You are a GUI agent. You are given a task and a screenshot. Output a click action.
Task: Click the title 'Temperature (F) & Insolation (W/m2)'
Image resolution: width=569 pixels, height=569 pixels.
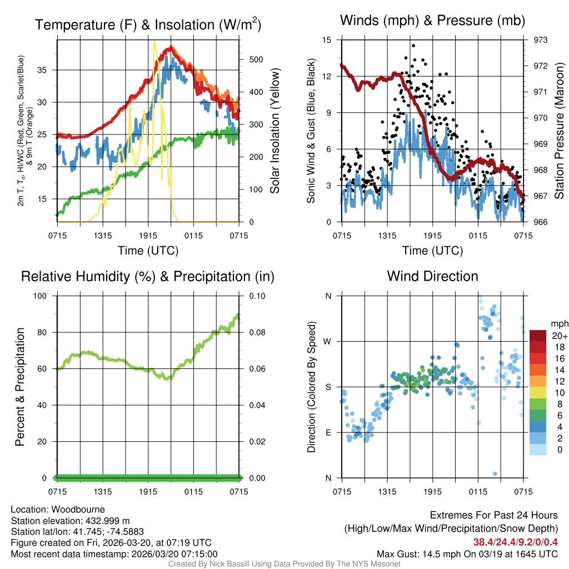pyautogui.click(x=148, y=24)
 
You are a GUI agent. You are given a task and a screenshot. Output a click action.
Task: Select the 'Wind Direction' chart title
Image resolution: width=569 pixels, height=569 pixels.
pyautogui.click(x=432, y=276)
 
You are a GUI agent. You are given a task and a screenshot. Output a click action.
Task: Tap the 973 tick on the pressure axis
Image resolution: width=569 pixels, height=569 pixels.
pyautogui.click(x=541, y=40)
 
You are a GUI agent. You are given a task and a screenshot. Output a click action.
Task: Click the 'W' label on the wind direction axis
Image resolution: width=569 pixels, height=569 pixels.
pyautogui.click(x=328, y=341)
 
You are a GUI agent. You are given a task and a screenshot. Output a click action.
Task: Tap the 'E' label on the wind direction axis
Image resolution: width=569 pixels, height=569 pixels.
pyautogui.click(x=328, y=432)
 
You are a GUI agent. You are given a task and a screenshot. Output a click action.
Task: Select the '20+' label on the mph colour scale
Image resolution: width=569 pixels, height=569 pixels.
pyautogui.click(x=558, y=336)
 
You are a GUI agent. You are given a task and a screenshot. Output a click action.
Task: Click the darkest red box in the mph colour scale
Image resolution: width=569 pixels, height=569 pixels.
pyautogui.click(x=538, y=336)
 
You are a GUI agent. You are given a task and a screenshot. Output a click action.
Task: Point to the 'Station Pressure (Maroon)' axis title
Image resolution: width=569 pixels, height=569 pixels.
pyautogui.click(x=560, y=131)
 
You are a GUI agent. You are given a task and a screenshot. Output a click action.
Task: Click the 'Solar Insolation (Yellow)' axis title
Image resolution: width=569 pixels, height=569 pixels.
pyautogui.click(x=275, y=131)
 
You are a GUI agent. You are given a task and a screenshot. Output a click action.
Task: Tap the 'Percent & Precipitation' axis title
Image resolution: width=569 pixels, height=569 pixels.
pyautogui.click(x=19, y=386)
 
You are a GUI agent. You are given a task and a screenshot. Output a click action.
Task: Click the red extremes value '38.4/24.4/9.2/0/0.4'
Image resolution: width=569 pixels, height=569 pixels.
pyautogui.click(x=515, y=542)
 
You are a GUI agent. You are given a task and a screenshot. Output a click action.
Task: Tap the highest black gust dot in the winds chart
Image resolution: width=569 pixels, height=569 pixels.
pyautogui.click(x=413, y=46)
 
